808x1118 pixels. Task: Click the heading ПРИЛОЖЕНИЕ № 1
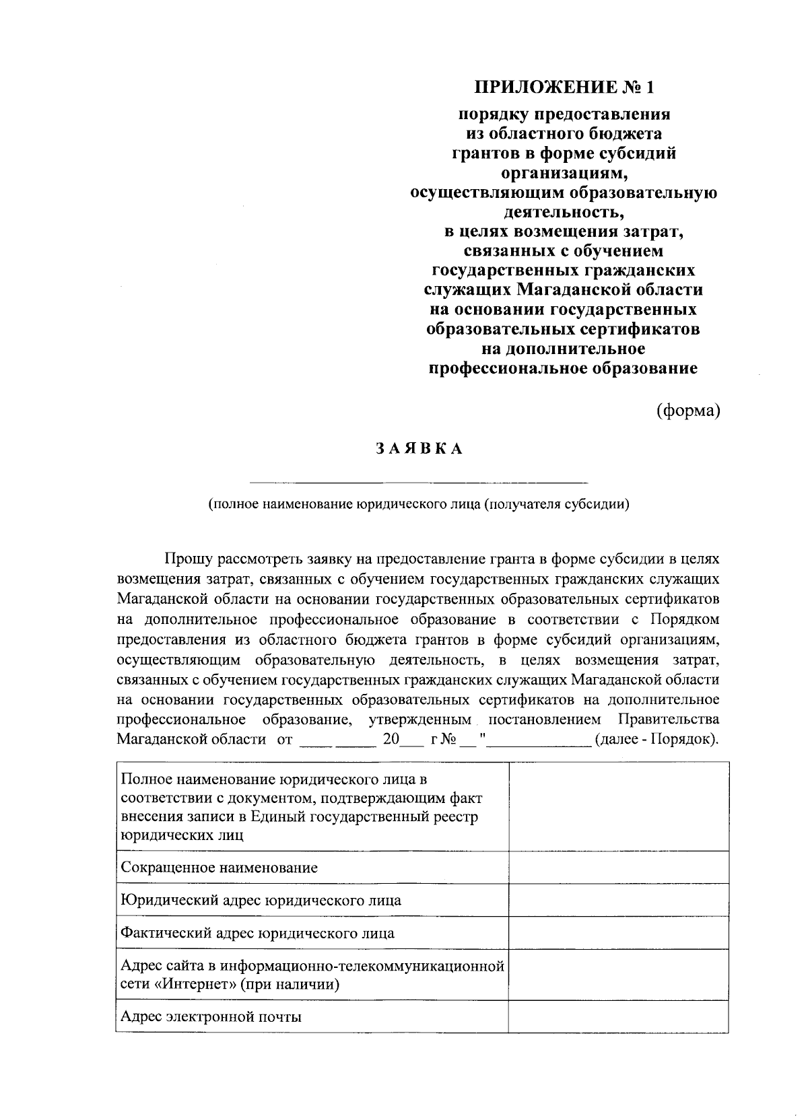pyautogui.click(x=564, y=88)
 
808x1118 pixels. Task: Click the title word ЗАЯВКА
pyautogui.click(x=419, y=449)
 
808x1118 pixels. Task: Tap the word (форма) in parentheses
pyautogui.click(x=688, y=410)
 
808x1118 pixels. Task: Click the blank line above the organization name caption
pyautogui.click(x=418, y=483)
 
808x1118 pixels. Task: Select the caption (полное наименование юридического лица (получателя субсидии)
pyautogui.click(x=418, y=504)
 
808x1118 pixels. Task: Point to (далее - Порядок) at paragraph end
pyautogui.click(x=656, y=739)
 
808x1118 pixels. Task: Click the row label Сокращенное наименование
pyautogui.click(x=219, y=867)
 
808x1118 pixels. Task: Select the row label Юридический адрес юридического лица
pyautogui.click(x=261, y=900)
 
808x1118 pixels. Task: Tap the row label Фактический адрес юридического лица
pyautogui.click(x=257, y=933)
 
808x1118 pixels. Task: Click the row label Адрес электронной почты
pyautogui.click(x=211, y=1016)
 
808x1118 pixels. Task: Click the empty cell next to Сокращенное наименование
pyautogui.click(x=618, y=867)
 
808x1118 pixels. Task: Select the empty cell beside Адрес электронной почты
pyautogui.click(x=618, y=1016)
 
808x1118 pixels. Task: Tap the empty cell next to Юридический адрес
pyautogui.click(x=618, y=900)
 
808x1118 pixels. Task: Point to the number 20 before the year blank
pyautogui.click(x=391, y=739)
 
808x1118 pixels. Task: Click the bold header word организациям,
pyautogui.click(x=564, y=174)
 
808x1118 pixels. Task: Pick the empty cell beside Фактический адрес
pyautogui.click(x=618, y=933)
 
